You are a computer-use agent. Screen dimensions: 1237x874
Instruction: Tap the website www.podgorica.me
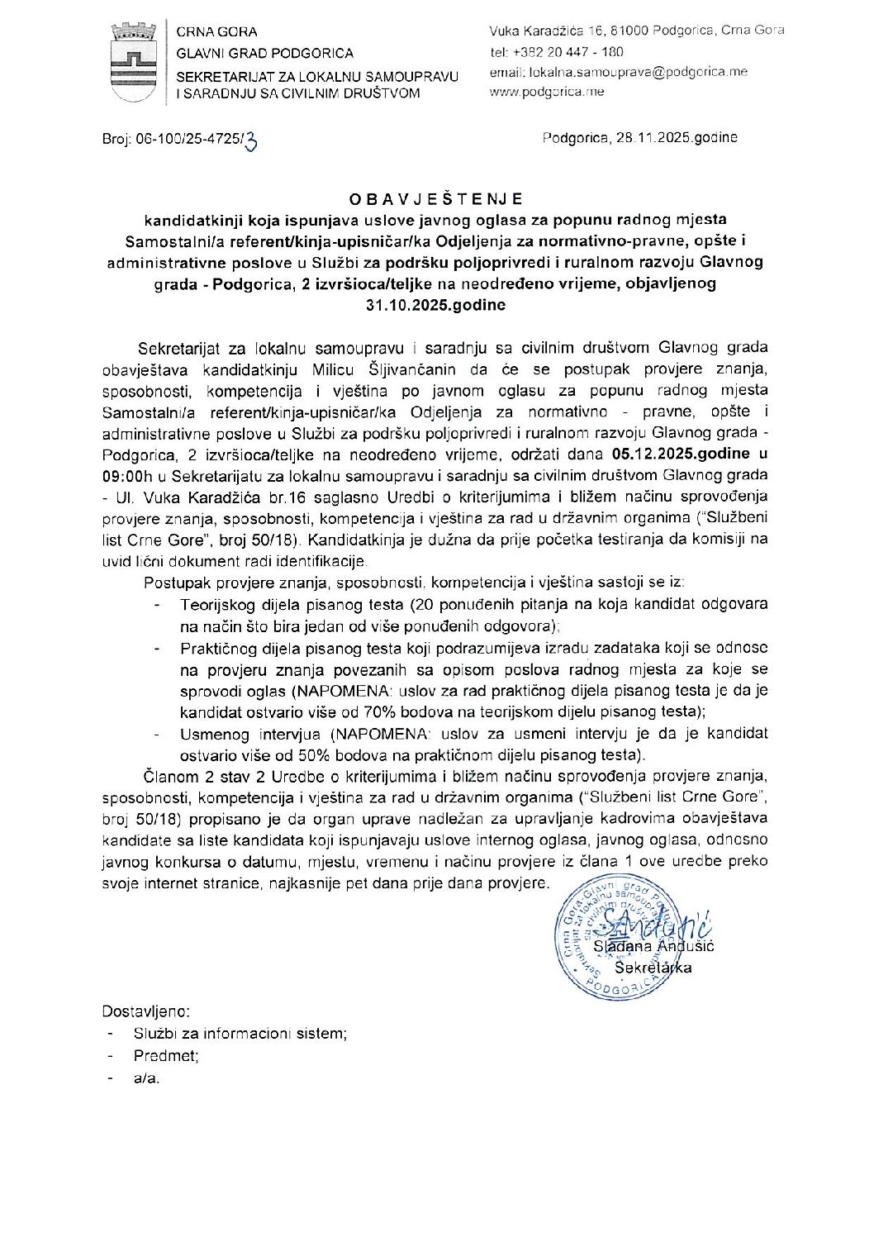point(547,92)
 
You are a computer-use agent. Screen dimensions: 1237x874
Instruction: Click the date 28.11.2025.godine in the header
point(676,137)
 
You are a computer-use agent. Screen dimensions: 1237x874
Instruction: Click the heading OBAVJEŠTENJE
point(435,199)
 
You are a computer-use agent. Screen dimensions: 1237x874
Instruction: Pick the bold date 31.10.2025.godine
point(435,304)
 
